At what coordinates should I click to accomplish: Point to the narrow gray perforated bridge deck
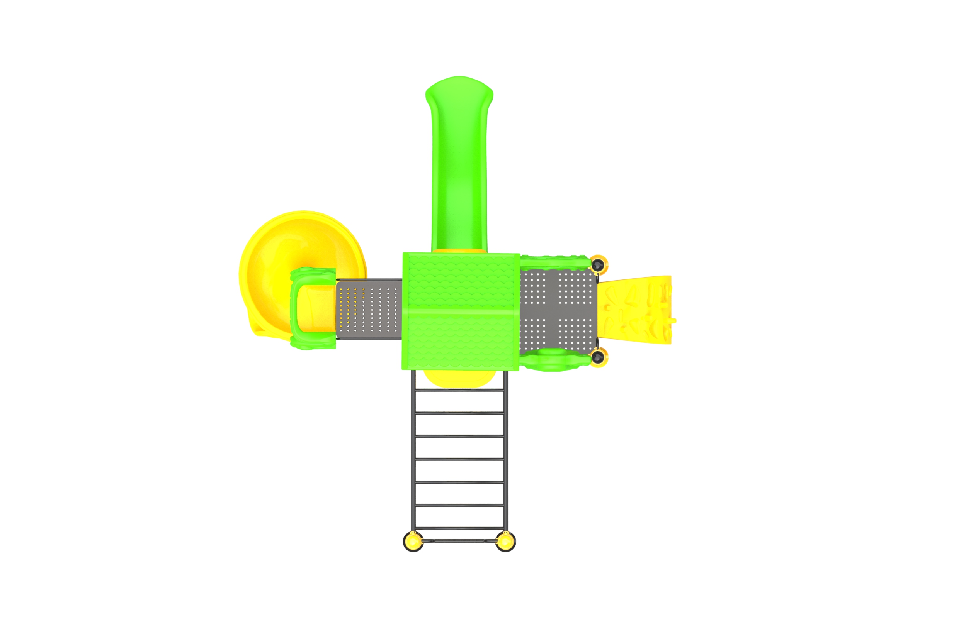point(369,309)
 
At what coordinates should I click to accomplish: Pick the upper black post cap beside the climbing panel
point(597,265)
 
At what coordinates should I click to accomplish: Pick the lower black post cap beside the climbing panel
point(597,357)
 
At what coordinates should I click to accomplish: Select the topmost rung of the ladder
point(459,390)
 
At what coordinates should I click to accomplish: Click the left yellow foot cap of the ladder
point(413,542)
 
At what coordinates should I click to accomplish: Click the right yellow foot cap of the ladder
point(505,542)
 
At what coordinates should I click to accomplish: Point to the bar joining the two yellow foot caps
point(459,541)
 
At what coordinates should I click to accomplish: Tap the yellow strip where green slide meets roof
point(459,250)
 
